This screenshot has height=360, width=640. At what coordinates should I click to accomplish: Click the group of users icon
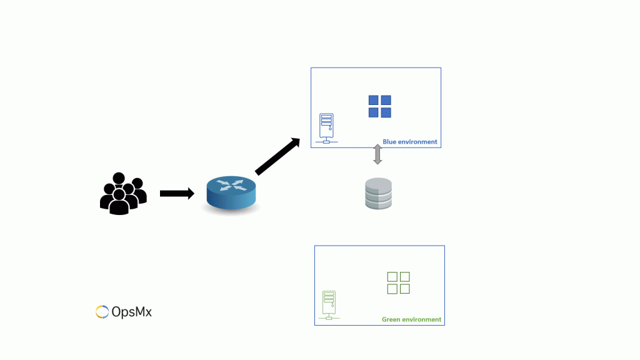pyautogui.click(x=123, y=193)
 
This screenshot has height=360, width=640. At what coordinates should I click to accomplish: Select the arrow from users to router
pyautogui.click(x=177, y=194)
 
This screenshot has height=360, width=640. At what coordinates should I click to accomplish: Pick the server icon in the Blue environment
pyautogui.click(x=326, y=128)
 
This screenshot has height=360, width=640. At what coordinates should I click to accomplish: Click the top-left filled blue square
pyautogui.click(x=374, y=101)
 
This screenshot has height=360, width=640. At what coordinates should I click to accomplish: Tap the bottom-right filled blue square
pyautogui.click(x=386, y=112)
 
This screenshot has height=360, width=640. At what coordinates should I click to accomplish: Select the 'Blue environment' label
pyautogui.click(x=410, y=142)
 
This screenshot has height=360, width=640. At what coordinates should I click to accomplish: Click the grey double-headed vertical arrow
pyautogui.click(x=377, y=154)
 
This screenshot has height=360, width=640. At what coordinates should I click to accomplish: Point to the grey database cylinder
pyautogui.click(x=378, y=194)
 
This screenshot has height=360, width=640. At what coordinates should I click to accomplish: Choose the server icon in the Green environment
pyautogui.click(x=329, y=306)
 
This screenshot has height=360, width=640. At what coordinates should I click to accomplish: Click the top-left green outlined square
pyautogui.click(x=392, y=277)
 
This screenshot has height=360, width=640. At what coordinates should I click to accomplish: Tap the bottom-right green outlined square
pyautogui.click(x=404, y=289)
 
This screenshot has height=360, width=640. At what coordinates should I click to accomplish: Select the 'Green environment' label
pyautogui.click(x=411, y=319)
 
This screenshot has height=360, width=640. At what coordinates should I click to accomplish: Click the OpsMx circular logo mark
pyautogui.click(x=102, y=311)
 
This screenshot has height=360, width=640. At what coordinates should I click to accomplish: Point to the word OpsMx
pyautogui.click(x=132, y=311)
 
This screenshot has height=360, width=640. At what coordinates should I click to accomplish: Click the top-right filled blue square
pyautogui.click(x=386, y=101)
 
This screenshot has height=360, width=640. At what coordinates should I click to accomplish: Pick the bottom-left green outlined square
pyautogui.click(x=392, y=289)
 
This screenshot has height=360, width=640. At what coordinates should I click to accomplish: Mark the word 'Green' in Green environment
pyautogui.click(x=391, y=319)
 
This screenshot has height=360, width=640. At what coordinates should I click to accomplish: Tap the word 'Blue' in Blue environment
pyautogui.click(x=390, y=142)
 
